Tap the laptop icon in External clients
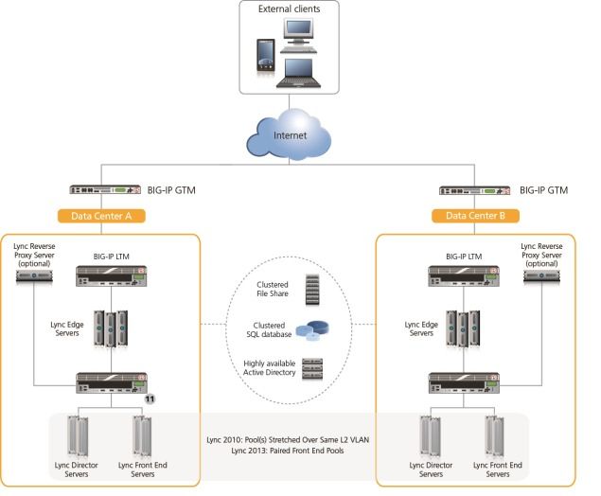pyautogui.click(x=297, y=71)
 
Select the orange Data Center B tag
pyautogui.click(x=477, y=216)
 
